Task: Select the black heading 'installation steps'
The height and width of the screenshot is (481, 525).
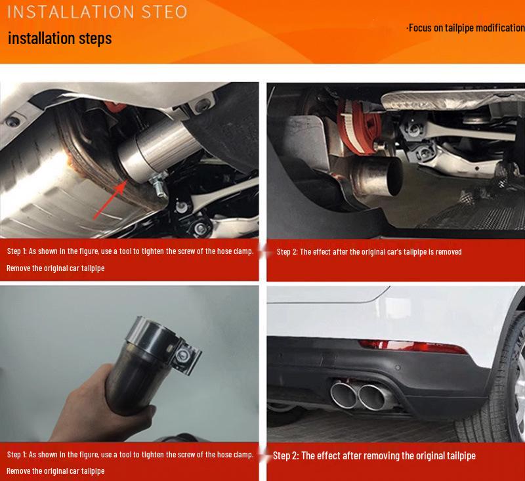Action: tap(60, 38)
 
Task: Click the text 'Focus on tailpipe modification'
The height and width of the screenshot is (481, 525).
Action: tap(465, 28)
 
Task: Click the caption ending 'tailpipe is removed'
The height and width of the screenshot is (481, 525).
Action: tap(369, 251)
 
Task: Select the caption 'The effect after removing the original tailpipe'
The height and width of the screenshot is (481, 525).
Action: tap(374, 455)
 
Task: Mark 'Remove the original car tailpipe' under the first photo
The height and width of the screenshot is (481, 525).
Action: tap(56, 268)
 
